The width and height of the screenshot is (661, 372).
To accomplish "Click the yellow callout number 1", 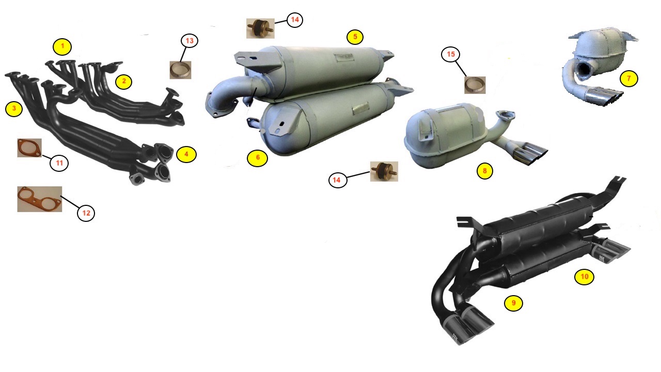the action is [62, 46].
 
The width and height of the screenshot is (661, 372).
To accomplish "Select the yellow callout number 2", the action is [123, 82].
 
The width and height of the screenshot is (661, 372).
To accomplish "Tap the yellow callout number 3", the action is [14, 109].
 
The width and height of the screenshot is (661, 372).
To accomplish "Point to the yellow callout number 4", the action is [186, 154].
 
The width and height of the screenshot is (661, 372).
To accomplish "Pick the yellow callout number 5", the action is [355, 37].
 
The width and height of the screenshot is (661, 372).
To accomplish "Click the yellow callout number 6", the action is [258, 158].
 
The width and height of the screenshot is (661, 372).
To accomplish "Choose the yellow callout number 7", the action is [628, 78].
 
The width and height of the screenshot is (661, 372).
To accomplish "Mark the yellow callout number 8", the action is [484, 171].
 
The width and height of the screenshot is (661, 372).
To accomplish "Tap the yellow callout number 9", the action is [513, 303].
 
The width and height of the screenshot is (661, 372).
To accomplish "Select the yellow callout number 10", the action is [584, 277].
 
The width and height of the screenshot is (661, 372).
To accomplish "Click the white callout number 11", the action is [59, 163].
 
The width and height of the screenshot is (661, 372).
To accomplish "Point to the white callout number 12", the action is [86, 213].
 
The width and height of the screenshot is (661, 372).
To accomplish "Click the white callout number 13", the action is [190, 41].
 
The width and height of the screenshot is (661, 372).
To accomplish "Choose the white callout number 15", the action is [451, 54].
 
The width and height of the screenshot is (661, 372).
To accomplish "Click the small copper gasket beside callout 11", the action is [29, 148].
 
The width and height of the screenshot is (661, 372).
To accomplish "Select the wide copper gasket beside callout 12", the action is [40, 199].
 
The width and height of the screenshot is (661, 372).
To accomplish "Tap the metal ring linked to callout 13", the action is [180, 70].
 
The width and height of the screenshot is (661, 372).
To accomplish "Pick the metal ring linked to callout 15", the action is [475, 85].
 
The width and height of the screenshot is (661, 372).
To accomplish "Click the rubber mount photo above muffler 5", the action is [260, 28].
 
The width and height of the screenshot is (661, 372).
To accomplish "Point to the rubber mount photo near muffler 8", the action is [384, 171].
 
